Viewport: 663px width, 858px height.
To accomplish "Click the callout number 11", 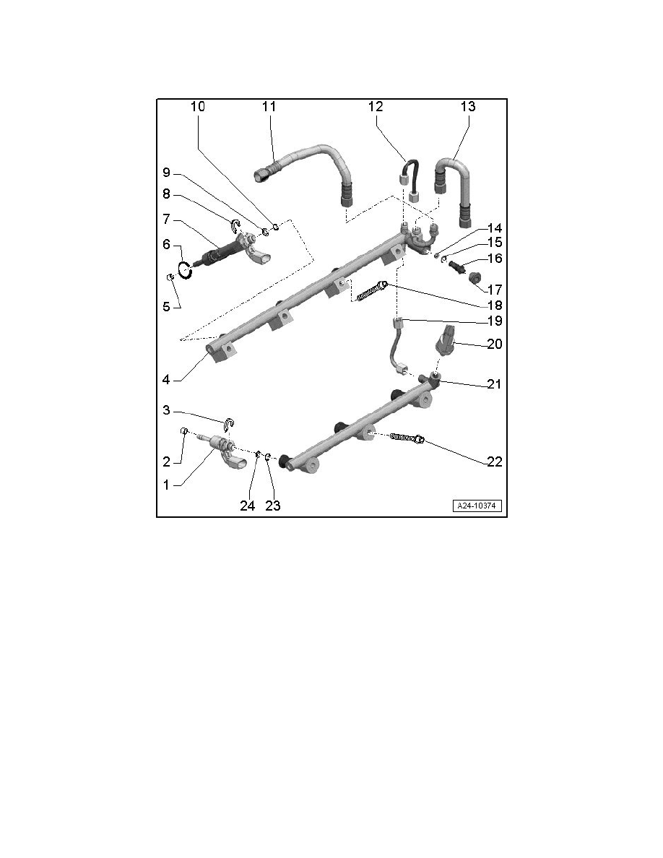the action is click(269, 106).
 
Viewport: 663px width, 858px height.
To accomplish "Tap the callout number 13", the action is click(468, 106).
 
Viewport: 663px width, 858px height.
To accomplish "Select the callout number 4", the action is click(166, 379).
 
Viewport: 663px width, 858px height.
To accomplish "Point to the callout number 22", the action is click(494, 461).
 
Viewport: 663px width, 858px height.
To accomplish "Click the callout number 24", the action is click(247, 506).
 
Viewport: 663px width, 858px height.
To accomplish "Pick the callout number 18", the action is click(494, 305).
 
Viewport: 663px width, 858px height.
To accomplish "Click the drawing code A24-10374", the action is click(477, 506).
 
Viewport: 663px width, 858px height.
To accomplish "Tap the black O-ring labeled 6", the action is click(185, 269).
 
